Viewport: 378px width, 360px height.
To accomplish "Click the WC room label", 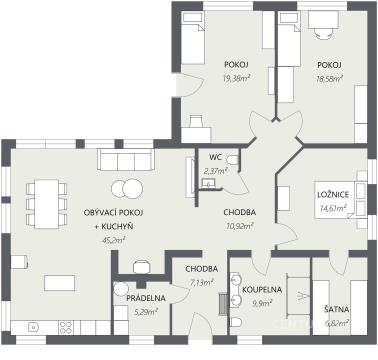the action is (x=216, y=157).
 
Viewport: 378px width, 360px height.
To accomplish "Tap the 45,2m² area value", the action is (x=113, y=241).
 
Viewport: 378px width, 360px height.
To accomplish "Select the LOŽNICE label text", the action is (x=333, y=195).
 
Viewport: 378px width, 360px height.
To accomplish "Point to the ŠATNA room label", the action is (x=337, y=309).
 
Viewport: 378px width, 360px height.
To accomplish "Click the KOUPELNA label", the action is (x=262, y=289).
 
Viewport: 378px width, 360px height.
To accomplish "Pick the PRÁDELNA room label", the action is (x=146, y=298).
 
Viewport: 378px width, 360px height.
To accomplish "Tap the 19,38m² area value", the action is (x=237, y=79).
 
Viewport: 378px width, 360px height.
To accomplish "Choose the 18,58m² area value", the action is (x=329, y=79).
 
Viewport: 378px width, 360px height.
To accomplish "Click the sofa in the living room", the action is (x=126, y=160).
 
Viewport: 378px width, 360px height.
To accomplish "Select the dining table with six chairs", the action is (x=46, y=204).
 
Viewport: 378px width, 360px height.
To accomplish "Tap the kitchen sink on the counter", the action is (x=33, y=327).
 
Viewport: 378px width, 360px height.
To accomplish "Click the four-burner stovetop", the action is (x=66, y=327).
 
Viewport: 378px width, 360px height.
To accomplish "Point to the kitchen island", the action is (x=60, y=283).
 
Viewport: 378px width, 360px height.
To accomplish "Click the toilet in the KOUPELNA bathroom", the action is (x=236, y=323).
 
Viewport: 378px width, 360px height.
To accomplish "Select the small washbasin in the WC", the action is (x=209, y=183).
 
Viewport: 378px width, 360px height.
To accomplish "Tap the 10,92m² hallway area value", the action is (x=240, y=226).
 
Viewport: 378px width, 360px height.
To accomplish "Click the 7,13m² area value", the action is (x=201, y=283).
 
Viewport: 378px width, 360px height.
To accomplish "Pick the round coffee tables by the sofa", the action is (x=127, y=189).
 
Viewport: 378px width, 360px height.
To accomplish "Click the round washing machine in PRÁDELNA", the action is (x=121, y=289).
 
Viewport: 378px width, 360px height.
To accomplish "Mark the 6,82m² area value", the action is (x=337, y=323).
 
